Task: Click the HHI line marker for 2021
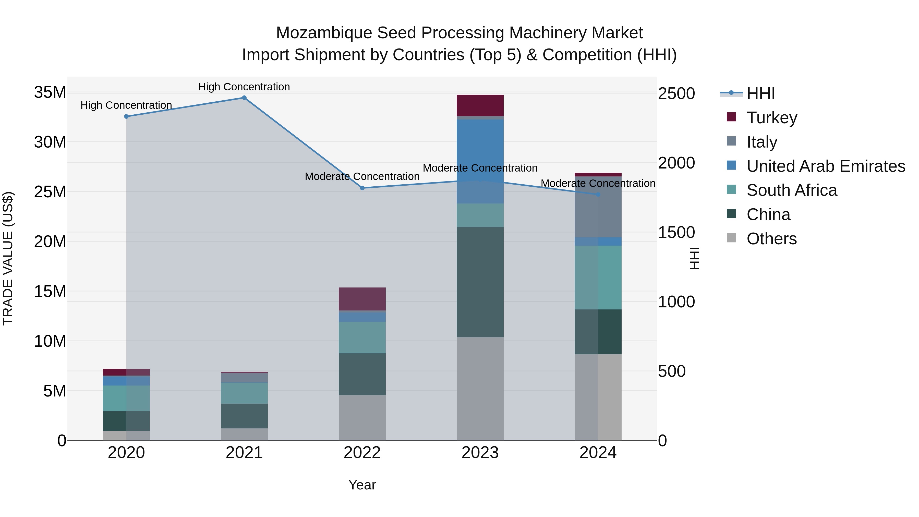(x=244, y=98)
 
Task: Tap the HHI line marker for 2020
(x=126, y=116)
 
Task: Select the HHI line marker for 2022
(x=362, y=188)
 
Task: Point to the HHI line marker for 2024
(x=598, y=195)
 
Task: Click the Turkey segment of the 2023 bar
(x=480, y=105)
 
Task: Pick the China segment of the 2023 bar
(x=480, y=282)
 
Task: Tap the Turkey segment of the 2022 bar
(x=362, y=299)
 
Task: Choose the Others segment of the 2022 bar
(x=362, y=417)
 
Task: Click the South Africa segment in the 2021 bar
(x=244, y=393)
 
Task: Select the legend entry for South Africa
(x=791, y=190)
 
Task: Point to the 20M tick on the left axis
(x=50, y=242)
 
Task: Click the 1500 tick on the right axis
(x=676, y=233)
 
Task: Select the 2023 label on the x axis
(x=480, y=453)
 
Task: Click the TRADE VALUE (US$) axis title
(x=8, y=258)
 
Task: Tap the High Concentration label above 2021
(x=244, y=87)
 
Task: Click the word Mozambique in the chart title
(x=324, y=33)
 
